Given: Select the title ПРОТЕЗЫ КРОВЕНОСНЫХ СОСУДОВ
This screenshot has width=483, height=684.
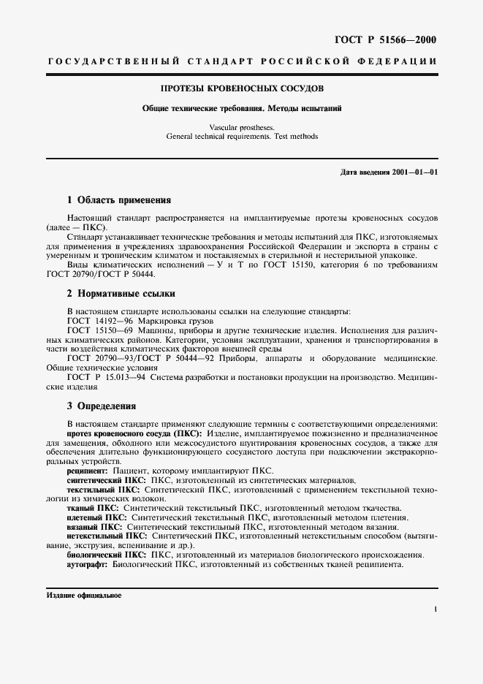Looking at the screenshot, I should click(242, 88).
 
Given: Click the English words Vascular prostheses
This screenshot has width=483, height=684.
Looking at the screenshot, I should click(242, 126).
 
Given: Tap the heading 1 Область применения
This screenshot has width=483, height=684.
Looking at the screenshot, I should click(119, 199).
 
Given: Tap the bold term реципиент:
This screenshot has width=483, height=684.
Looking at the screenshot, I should click(88, 471).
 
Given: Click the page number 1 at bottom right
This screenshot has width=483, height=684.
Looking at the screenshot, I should click(435, 609).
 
